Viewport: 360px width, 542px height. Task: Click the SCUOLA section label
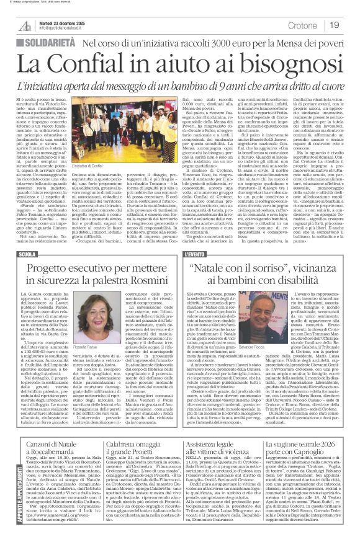tap(29, 254)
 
